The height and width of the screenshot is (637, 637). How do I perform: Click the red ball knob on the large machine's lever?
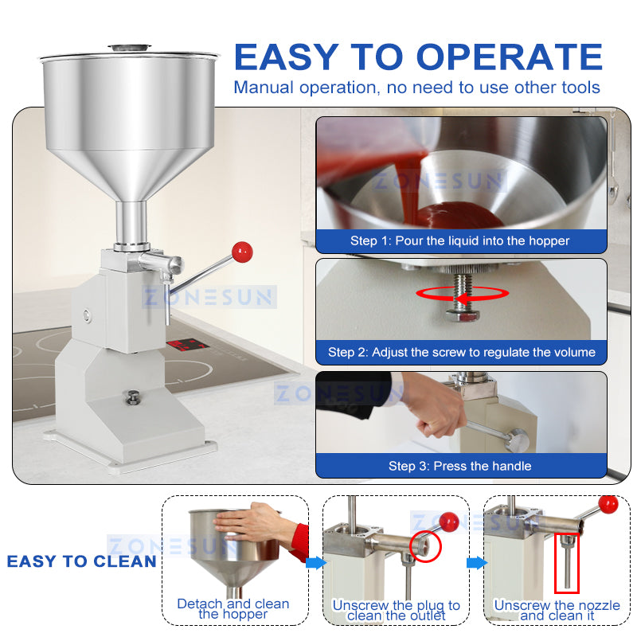[x=241, y=252]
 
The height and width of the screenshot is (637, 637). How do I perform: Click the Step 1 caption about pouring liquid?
[x=460, y=240]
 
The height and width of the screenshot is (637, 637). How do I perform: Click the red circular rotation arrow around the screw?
[x=462, y=293]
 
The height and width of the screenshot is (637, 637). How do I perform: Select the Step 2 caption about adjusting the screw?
[x=461, y=352]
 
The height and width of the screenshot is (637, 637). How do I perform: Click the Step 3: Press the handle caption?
[x=459, y=466]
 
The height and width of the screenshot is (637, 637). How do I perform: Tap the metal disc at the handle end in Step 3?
[x=518, y=439]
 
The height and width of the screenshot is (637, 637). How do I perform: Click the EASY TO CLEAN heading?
[x=81, y=561]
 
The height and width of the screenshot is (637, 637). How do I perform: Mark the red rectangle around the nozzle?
[x=566, y=563]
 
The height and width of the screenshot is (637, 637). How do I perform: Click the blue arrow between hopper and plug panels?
[x=316, y=563]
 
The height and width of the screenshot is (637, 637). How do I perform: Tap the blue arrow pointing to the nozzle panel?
[x=476, y=563]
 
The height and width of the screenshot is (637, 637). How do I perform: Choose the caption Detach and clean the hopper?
[x=233, y=609]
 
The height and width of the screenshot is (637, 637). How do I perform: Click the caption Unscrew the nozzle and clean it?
[x=556, y=611]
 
